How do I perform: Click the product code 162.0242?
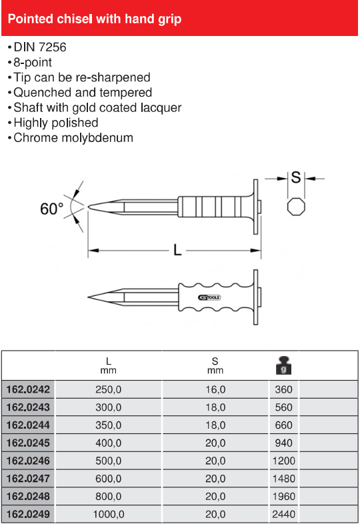pyautogui.click(x=28, y=389)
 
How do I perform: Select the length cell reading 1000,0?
pyautogui.click(x=108, y=514)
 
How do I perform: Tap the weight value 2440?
pyautogui.click(x=283, y=514)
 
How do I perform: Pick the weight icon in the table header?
pyautogui.click(x=283, y=365)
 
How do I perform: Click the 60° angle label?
pyautogui.click(x=52, y=209)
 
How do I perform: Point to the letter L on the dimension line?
pyautogui.click(x=177, y=249)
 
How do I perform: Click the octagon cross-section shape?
pyautogui.click(x=296, y=207)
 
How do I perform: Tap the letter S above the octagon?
pyautogui.click(x=296, y=177)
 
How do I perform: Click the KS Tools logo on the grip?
pyautogui.click(x=209, y=297)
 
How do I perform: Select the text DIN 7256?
pyautogui.click(x=40, y=47)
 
